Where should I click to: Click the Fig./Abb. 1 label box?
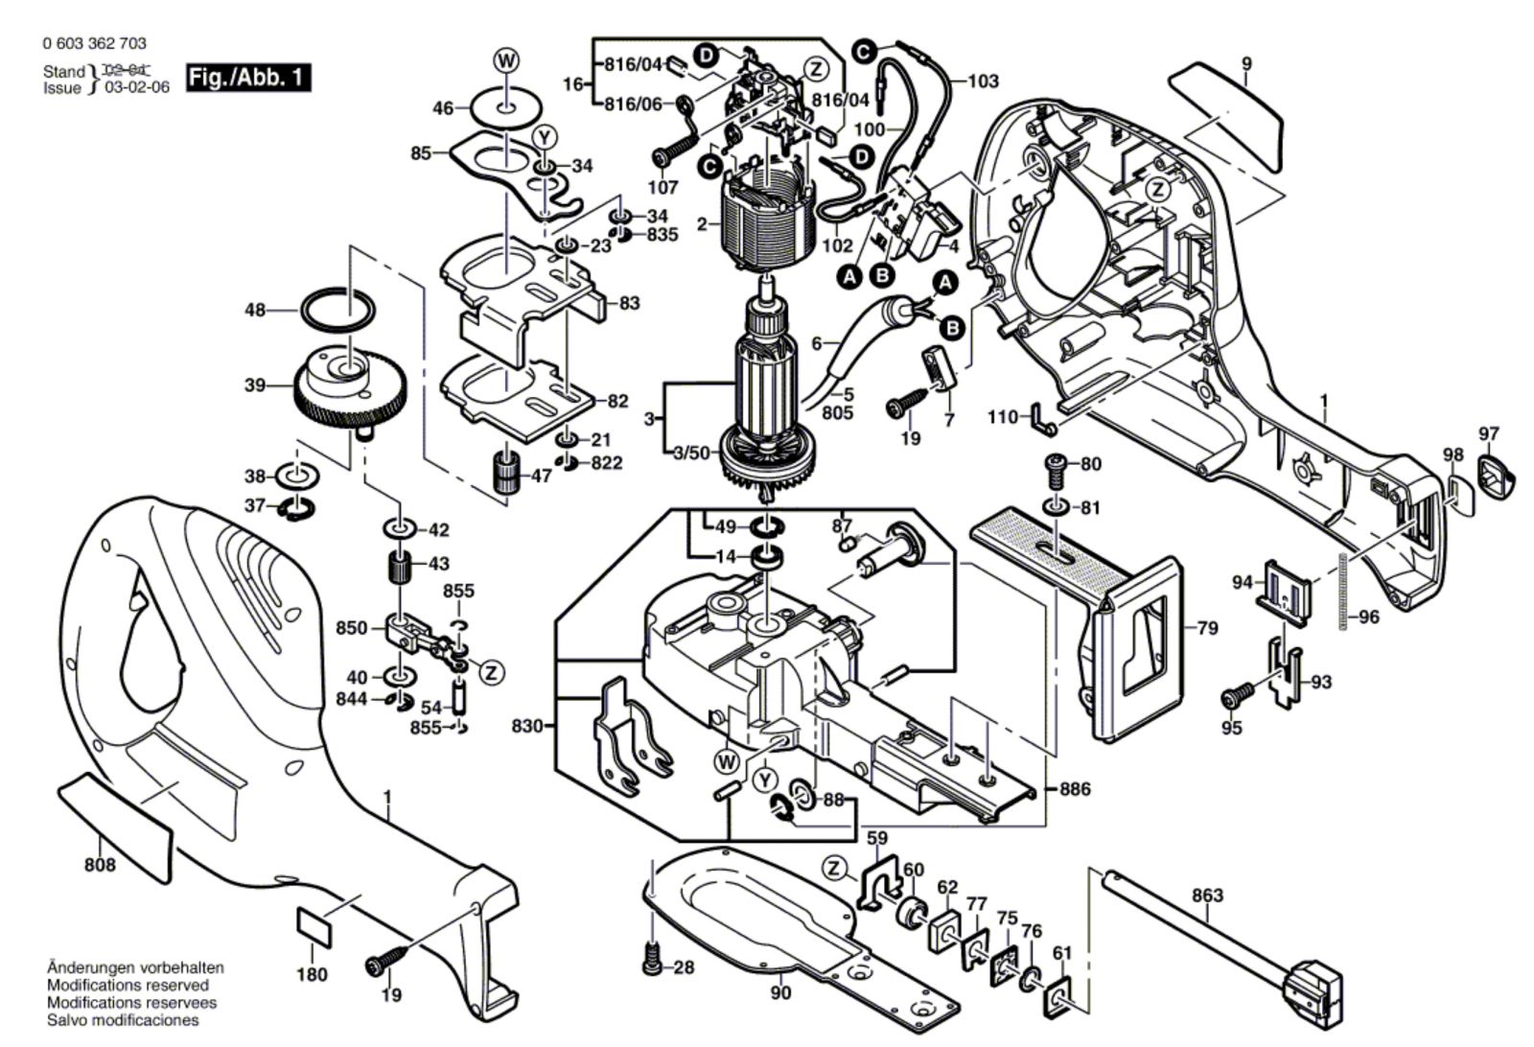point(248,78)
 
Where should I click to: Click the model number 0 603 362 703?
point(94,44)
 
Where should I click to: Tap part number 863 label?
point(1207,895)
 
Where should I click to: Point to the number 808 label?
point(100,865)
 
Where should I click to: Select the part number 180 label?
point(312,974)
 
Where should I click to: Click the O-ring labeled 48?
point(337,310)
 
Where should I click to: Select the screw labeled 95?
point(1237,694)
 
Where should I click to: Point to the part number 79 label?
point(1207,629)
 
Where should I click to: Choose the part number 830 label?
point(526,726)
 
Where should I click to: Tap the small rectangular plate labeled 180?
point(314,925)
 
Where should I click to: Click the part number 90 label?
point(780,992)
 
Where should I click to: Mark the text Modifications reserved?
point(127,986)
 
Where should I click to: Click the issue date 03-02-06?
point(136,87)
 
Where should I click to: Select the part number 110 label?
point(1003,417)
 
